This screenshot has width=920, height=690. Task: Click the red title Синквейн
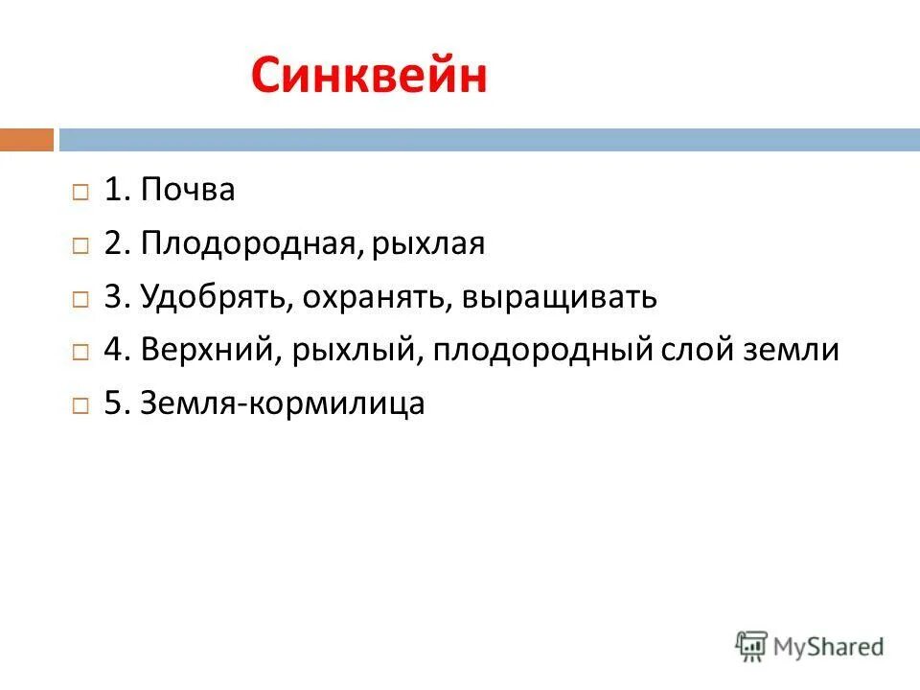pyautogui.click(x=369, y=77)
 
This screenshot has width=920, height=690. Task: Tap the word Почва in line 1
pyautogui.click(x=188, y=191)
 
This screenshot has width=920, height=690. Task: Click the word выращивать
pyautogui.click(x=560, y=297)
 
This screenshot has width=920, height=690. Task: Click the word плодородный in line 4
pyautogui.click(x=542, y=351)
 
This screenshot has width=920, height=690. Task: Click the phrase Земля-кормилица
pyautogui.click(x=282, y=404)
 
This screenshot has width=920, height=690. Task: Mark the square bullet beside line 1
pyautogui.click(x=80, y=192)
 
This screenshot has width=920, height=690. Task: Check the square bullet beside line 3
pyautogui.click(x=80, y=299)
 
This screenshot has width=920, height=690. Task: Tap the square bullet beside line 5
pyautogui.click(x=80, y=405)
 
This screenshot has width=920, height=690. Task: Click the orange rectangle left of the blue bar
pyautogui.click(x=27, y=140)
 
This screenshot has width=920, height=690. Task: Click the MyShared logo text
pyautogui.click(x=829, y=647)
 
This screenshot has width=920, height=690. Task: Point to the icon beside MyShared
pyautogui.click(x=751, y=646)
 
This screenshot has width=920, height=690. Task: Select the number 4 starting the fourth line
pyautogui.click(x=112, y=351)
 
